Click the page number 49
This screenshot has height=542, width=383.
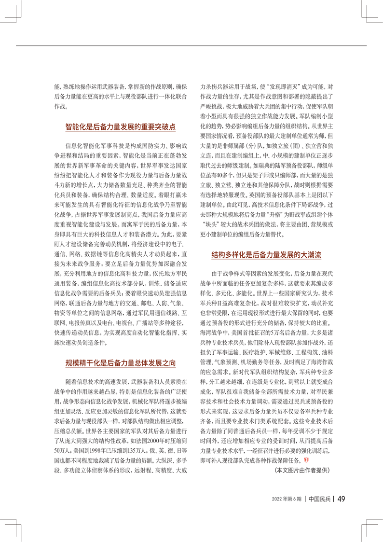tap(340, 499)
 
